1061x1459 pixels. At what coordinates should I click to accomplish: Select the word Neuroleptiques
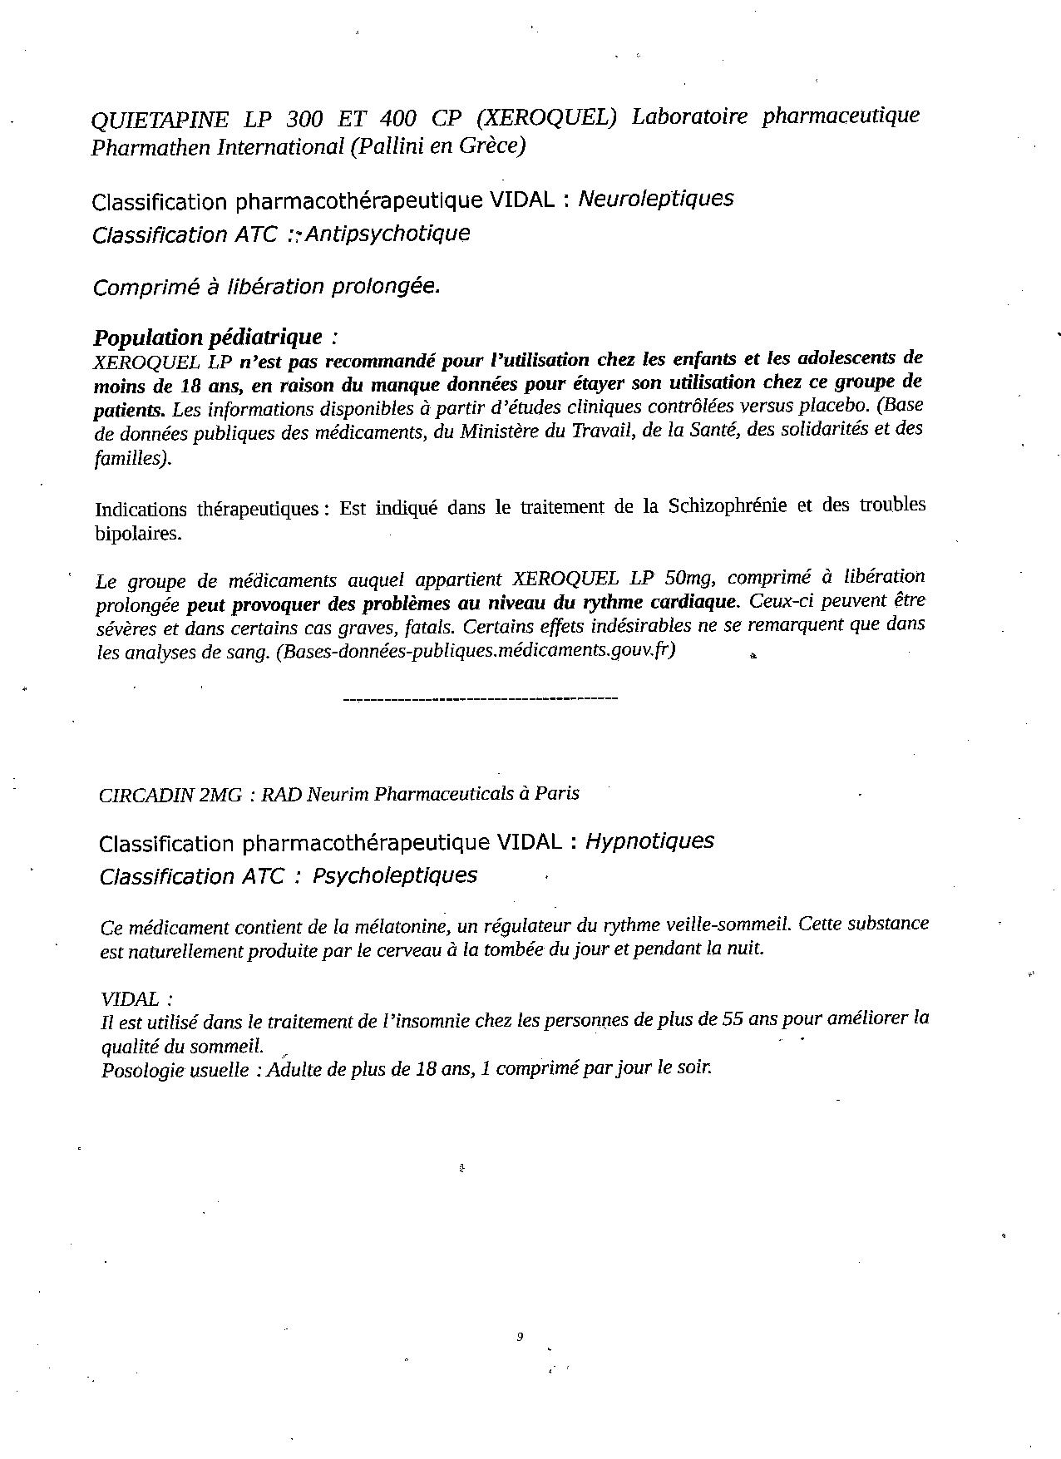tap(655, 199)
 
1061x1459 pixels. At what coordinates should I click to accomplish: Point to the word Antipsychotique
tap(387, 234)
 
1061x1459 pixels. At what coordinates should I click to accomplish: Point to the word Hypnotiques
tap(649, 841)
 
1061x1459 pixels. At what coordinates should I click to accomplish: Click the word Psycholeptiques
tap(394, 875)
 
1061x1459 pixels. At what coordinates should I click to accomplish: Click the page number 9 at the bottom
tap(520, 1338)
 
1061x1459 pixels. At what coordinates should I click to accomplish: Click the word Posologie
tap(138, 1070)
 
